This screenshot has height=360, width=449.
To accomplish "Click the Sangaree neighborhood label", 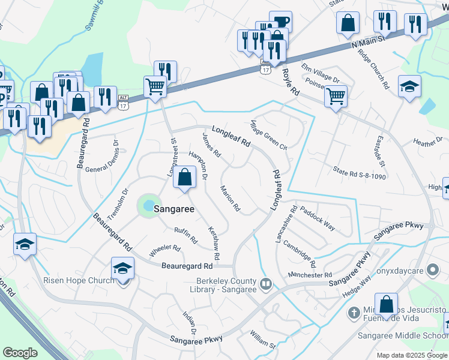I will pyautogui.click(x=175, y=209).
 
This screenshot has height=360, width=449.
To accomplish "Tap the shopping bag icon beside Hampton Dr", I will pyautogui.click(x=185, y=178).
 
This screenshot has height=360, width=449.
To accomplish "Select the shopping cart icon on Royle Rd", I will pyautogui.click(x=336, y=96).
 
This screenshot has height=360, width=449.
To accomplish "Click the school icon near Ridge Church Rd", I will pyautogui.click(x=409, y=87).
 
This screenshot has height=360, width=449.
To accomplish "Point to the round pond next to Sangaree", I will pyautogui.click(x=146, y=206).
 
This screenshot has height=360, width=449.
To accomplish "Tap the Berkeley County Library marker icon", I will pyautogui.click(x=267, y=282).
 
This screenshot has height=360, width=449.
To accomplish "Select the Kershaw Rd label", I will pyautogui.click(x=212, y=238).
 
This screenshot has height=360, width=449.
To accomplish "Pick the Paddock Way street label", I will pyautogui.click(x=318, y=219).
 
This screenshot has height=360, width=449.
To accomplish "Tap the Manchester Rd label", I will pyautogui.click(x=310, y=275).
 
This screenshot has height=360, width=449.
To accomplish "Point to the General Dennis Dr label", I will pyautogui.click(x=101, y=155).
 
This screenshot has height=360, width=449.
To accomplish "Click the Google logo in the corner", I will pyautogui.click(x=20, y=353).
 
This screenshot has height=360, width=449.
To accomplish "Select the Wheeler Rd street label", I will pyautogui.click(x=164, y=250).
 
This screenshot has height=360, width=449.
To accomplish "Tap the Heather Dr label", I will pyautogui.click(x=427, y=142).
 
